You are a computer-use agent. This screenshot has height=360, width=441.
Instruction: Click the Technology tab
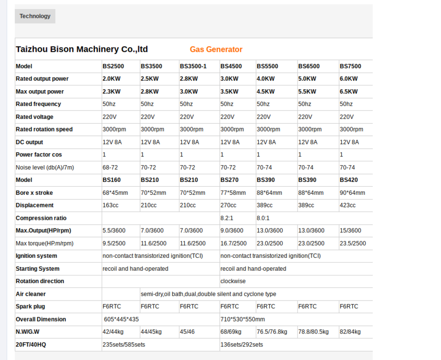pos(35,16)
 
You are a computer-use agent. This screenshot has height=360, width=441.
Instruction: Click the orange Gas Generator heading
pos(216,49)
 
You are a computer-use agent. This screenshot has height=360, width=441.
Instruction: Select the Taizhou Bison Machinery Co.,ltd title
pos(82,49)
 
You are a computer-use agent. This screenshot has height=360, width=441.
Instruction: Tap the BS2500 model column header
pos(113,66)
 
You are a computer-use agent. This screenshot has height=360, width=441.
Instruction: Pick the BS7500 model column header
pos(350,66)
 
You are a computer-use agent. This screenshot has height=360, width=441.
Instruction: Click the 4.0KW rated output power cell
pos(265,79)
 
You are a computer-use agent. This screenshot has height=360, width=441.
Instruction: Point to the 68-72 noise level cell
pos(110,168)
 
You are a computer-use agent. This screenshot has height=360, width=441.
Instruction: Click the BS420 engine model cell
pos(348,180)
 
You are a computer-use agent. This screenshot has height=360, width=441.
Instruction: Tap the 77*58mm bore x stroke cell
pos(233,193)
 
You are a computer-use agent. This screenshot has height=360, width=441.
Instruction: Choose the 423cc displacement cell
pos(347,205)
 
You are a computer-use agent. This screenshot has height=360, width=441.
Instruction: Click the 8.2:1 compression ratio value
pos(227,218)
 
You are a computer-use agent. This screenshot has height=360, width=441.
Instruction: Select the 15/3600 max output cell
pos(350,231)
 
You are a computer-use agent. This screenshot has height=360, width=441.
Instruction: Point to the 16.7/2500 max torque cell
pos(233,243)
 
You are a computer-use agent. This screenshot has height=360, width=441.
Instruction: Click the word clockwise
pos(233,281)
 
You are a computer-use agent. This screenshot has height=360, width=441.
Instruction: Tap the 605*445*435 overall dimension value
pos(121,319)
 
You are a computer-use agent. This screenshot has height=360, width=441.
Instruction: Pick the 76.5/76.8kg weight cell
pos(272,332)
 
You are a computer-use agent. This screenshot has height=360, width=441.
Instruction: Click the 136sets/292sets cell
pos(241,345)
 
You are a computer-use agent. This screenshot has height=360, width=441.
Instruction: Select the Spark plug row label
pos(30,307)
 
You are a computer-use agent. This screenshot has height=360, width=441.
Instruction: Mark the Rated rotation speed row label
pos(44,130)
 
